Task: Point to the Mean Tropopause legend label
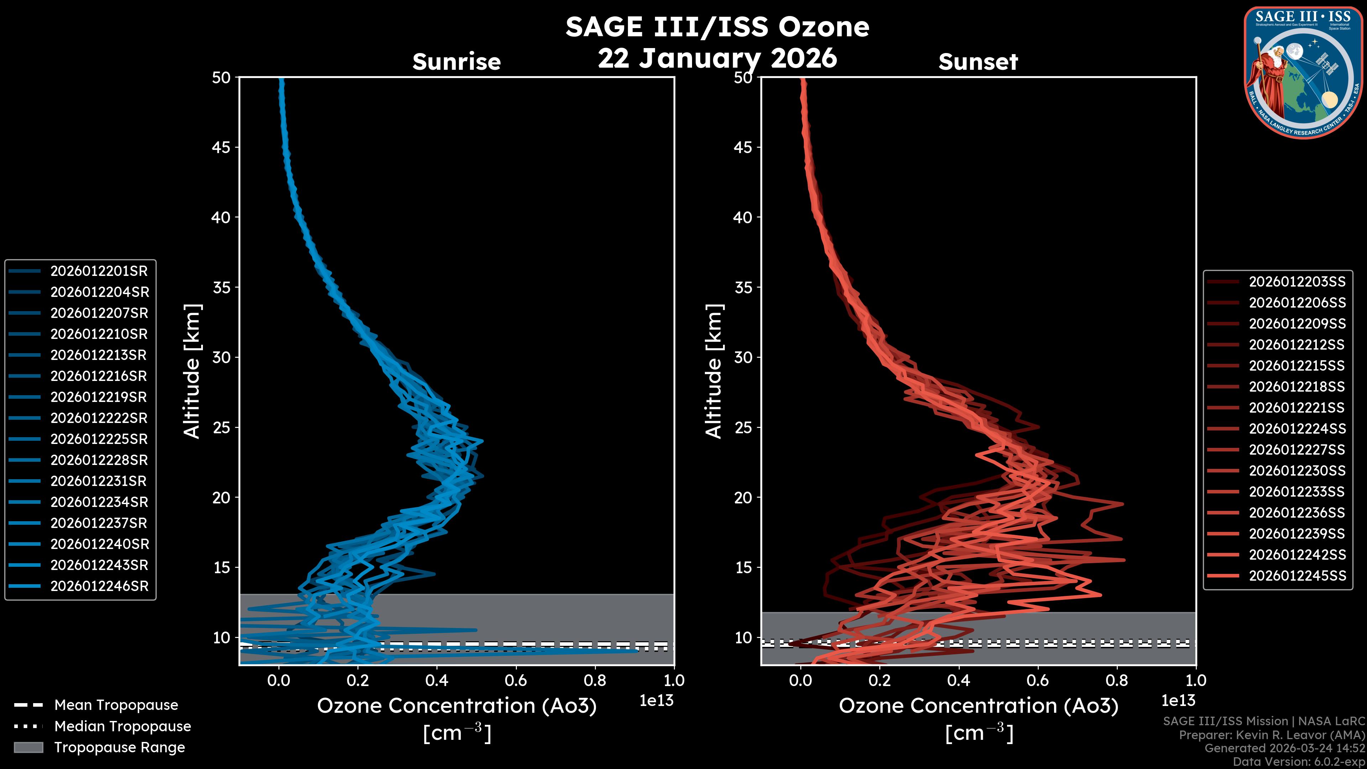[x=116, y=705]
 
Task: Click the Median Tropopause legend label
[x=122, y=727]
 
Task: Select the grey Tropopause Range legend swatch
[x=28, y=748]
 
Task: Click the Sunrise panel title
[x=456, y=62]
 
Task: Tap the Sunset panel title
[x=978, y=62]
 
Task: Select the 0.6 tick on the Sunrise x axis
[x=516, y=680]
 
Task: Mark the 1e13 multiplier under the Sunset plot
[x=1178, y=701]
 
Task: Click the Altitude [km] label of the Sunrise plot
[x=192, y=371]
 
